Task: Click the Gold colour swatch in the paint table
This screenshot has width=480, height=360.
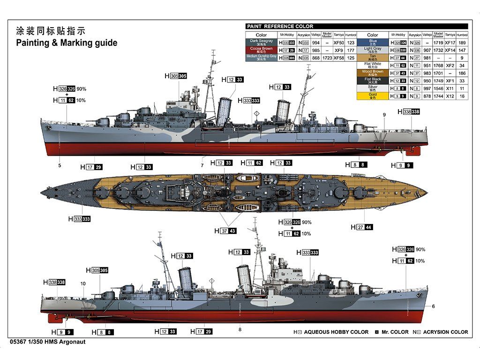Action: pyautogui.click(x=373, y=96)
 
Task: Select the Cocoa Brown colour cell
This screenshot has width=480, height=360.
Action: pyautogui.click(x=261, y=49)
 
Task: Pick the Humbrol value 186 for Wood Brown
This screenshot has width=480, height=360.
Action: pyautogui.click(x=462, y=73)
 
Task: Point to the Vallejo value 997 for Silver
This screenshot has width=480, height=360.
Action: pyautogui.click(x=427, y=88)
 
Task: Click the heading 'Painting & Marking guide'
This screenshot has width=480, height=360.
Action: pyautogui.click(x=67, y=43)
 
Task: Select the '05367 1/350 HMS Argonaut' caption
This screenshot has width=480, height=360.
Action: pyautogui.click(x=47, y=342)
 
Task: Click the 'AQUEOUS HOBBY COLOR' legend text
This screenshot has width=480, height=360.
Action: pyautogui.click(x=336, y=332)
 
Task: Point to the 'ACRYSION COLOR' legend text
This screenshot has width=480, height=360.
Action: pyautogui.click(x=445, y=332)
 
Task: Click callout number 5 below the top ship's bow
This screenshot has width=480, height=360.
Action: pyautogui.click(x=60, y=165)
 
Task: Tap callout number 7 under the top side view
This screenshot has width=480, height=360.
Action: pyautogui.click(x=202, y=165)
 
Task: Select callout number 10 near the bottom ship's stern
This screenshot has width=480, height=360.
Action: pyautogui.click(x=83, y=284)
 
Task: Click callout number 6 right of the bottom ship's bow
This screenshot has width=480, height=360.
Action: pyautogui.click(x=434, y=307)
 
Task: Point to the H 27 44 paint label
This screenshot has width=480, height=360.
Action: pyautogui.click(x=362, y=227)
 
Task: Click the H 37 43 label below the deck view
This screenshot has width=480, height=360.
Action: pyautogui.click(x=225, y=231)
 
